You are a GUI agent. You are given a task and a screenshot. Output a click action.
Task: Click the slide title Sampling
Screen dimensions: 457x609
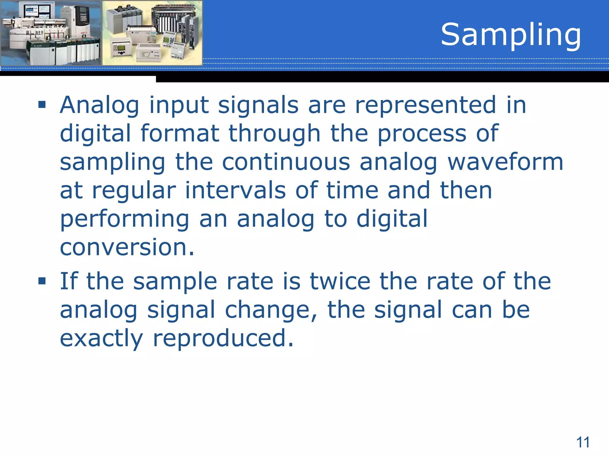511,35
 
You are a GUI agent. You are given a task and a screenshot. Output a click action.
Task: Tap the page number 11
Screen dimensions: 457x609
583,442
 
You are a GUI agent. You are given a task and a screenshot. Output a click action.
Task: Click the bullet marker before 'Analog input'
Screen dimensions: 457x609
42,105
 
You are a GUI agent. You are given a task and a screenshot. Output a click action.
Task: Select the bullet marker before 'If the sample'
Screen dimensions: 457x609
42,281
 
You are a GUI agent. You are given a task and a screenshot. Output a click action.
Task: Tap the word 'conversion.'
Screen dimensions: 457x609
127,247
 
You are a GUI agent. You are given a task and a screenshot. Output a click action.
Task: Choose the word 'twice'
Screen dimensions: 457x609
340,281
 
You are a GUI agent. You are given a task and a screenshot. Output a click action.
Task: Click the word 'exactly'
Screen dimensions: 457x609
101,338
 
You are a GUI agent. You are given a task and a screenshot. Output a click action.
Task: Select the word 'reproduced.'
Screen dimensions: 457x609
223,338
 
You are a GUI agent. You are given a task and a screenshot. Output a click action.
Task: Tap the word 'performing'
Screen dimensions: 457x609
125,219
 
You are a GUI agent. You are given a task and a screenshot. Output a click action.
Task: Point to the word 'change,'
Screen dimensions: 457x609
271,310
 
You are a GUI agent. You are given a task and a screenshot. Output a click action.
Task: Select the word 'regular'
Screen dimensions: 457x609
134,191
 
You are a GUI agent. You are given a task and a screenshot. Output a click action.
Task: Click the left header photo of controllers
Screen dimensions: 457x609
51,33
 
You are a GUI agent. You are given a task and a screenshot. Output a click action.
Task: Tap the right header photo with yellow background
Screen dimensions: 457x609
152,33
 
